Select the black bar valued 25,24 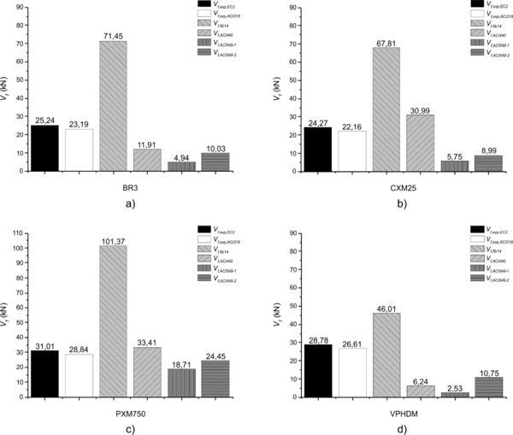44,148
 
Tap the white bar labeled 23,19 79,150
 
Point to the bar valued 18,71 181,381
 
